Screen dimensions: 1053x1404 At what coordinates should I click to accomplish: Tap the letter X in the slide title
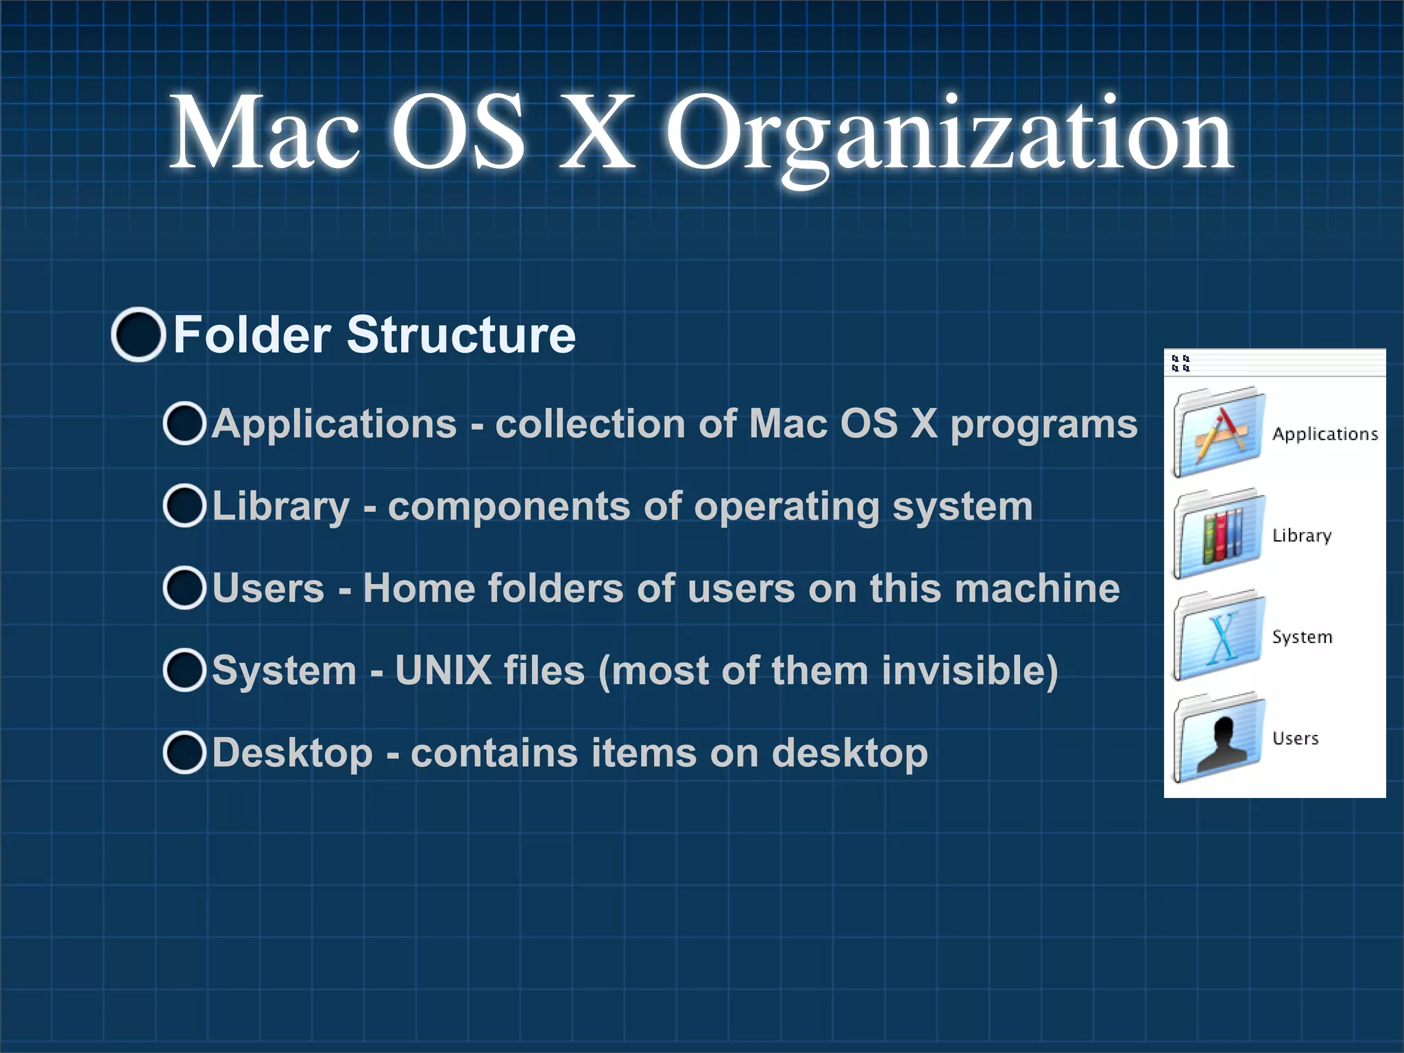coord(596,132)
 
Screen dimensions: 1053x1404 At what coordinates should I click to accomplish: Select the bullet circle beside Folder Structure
coord(138,335)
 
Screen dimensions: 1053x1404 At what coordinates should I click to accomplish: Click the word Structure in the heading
coord(461,335)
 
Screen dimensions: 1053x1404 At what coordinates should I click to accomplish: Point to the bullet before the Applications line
coord(184,424)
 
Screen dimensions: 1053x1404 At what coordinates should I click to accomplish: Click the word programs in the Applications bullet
coord(1043,425)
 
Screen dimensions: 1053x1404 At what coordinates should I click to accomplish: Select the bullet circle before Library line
coord(184,506)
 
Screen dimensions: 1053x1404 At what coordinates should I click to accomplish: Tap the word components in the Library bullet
coord(509,507)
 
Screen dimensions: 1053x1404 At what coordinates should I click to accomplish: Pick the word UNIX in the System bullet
coord(444,670)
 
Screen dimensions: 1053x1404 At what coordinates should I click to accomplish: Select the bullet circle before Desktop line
coord(184,753)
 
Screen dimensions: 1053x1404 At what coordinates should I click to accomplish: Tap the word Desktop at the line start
coord(292,753)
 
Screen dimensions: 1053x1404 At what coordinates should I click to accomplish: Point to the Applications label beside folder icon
coord(1324,434)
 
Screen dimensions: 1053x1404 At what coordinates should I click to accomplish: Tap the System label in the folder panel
coord(1302,637)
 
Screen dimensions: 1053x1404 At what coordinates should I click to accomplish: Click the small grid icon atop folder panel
coord(1181,363)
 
